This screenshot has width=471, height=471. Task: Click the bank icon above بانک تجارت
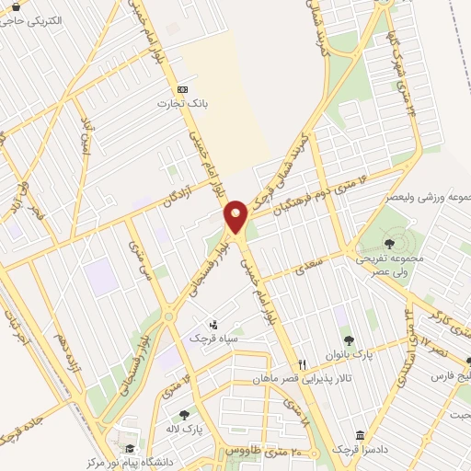tap(182, 89)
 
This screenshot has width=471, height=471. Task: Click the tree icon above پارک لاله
tap(186, 415)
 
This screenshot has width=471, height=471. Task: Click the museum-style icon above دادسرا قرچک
tap(358, 435)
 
